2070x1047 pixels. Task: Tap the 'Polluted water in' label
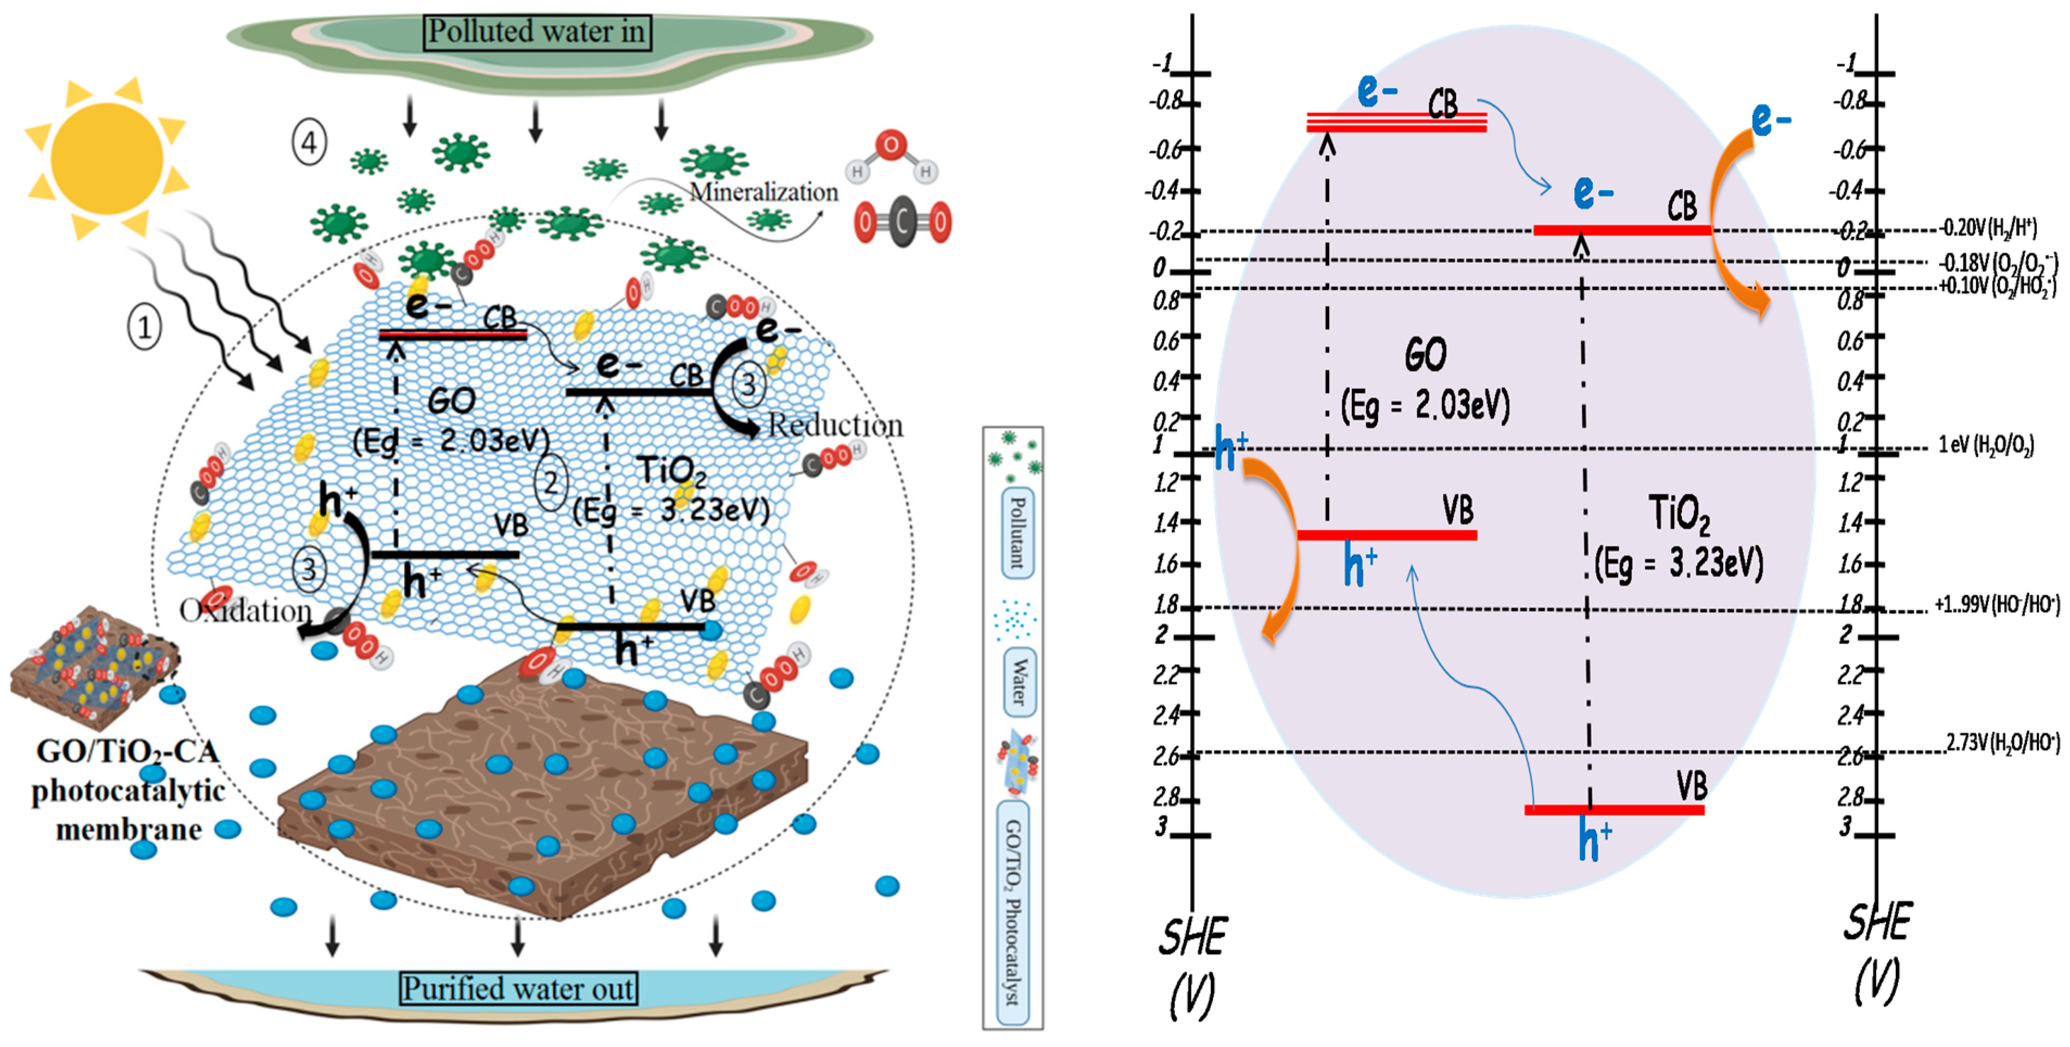(536, 32)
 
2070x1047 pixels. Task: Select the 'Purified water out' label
(518, 988)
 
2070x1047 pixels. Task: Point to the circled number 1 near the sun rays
(145, 327)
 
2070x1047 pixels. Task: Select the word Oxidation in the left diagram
(245, 611)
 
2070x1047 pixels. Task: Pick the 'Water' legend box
(1019, 681)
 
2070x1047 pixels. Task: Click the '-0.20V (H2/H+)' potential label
(1988, 228)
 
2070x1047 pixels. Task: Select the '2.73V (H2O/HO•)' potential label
(2003, 743)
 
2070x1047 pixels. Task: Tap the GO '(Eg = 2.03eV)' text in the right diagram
(1425, 406)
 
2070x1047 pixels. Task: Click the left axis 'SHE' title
(1192, 938)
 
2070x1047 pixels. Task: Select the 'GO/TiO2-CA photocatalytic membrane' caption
(129, 790)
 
